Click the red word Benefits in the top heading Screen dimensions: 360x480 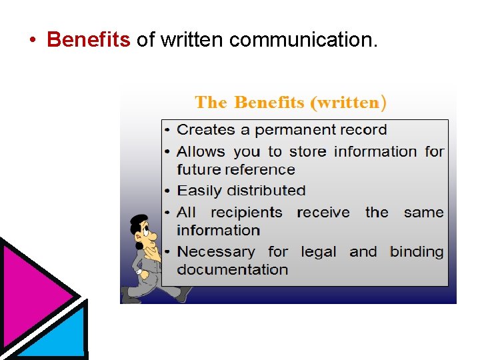(89, 40)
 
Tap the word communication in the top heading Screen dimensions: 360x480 (303, 40)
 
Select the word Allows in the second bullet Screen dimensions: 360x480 (201, 152)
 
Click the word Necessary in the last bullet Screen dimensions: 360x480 (215, 252)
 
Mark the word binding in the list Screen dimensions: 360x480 (417, 252)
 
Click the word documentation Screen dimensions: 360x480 (232, 270)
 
